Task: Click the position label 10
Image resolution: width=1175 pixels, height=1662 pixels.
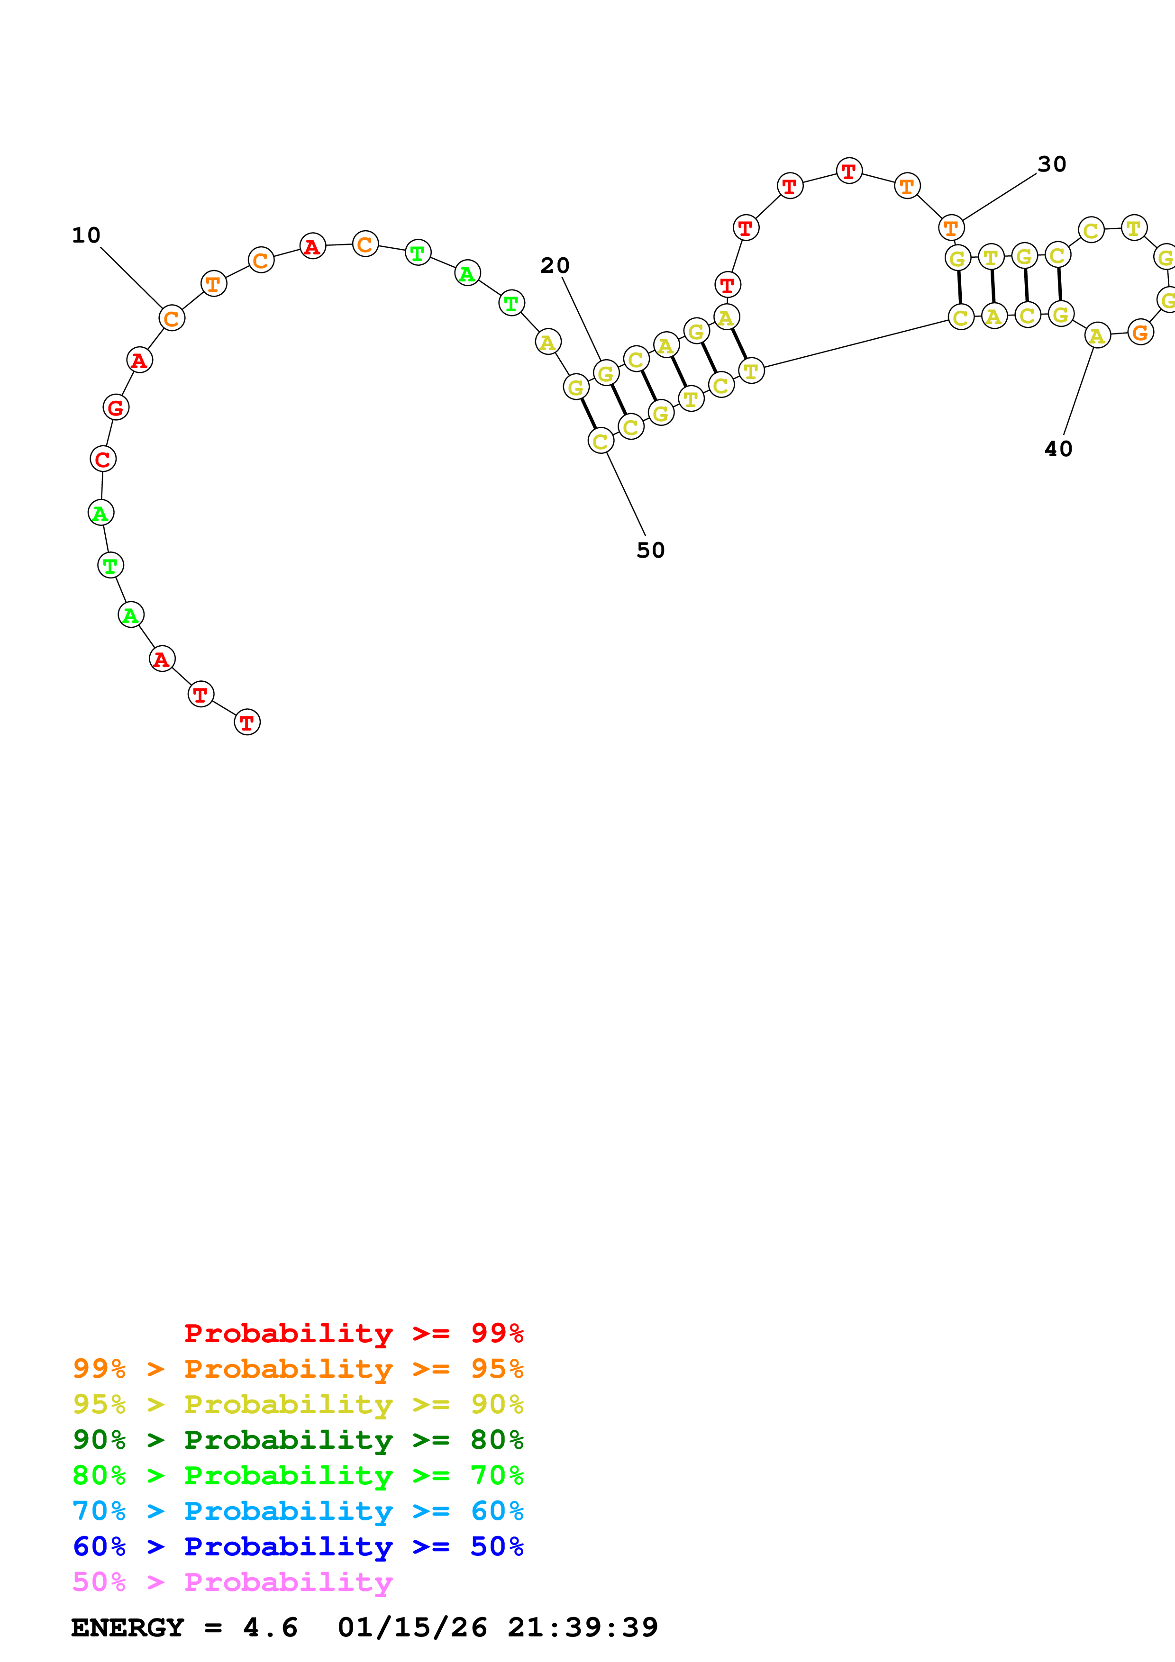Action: (x=86, y=235)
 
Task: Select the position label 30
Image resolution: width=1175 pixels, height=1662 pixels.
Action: (x=1051, y=164)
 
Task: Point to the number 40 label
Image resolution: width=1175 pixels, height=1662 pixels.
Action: (x=1058, y=449)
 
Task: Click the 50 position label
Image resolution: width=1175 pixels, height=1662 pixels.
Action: (x=650, y=550)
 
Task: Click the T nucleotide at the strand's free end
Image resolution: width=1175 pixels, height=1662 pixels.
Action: (x=247, y=722)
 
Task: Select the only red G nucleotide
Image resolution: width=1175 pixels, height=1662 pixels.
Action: (x=116, y=407)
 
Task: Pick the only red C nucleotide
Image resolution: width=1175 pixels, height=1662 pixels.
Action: (x=103, y=459)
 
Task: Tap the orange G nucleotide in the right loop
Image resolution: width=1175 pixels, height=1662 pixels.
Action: (x=1140, y=332)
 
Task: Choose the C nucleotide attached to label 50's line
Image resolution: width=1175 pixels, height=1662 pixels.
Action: (x=600, y=441)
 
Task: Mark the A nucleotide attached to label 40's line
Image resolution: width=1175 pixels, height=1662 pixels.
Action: (x=1098, y=335)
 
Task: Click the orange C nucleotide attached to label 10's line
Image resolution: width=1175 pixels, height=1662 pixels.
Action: (x=172, y=318)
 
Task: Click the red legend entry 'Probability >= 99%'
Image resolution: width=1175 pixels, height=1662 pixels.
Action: (x=353, y=1333)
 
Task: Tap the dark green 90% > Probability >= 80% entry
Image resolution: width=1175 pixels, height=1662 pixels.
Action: (x=298, y=1440)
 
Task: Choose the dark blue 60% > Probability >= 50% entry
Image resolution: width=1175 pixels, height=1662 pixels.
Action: (x=298, y=1546)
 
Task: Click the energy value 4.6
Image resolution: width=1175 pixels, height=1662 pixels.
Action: (x=270, y=1627)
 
